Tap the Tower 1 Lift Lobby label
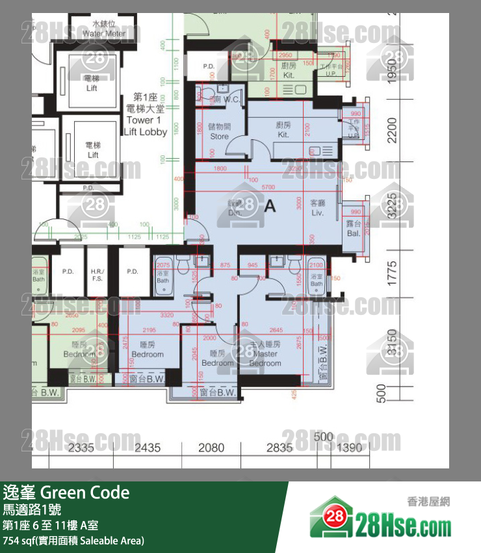(x=146, y=120)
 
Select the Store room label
(x=220, y=133)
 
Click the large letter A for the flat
(x=270, y=206)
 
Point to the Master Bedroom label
(x=265, y=353)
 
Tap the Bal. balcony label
(x=353, y=228)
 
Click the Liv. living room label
(x=317, y=208)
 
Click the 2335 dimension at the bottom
(x=81, y=448)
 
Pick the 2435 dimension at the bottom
(x=148, y=448)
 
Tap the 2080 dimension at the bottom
(x=211, y=448)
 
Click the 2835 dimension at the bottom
(x=279, y=448)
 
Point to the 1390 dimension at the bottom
(x=350, y=448)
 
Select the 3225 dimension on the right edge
(x=391, y=206)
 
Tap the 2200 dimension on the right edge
(x=391, y=131)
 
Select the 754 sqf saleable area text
(x=73, y=541)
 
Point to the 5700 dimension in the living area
(x=268, y=187)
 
